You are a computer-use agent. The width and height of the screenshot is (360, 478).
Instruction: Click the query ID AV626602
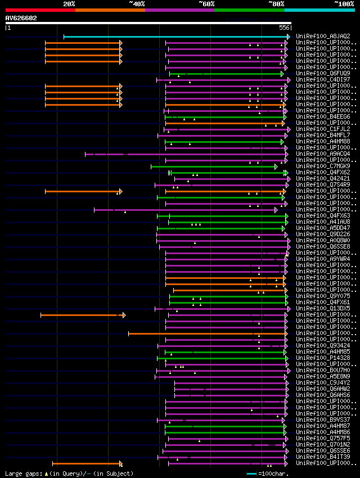coord(21,18)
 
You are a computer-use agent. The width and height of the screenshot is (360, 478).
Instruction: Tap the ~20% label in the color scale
coord(69,3)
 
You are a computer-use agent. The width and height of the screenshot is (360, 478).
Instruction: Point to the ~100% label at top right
coord(344,3)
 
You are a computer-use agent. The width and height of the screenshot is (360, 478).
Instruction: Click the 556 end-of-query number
coord(284,28)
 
